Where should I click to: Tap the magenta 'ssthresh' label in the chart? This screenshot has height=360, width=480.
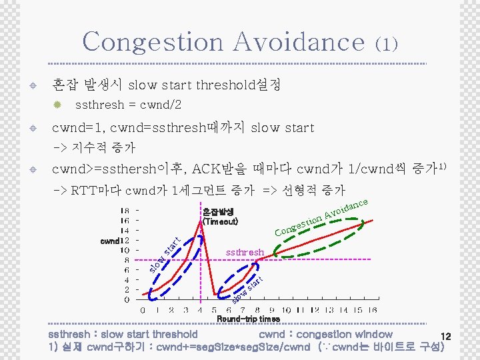[x=245, y=253]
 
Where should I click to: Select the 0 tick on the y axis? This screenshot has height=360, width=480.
[x=127, y=300]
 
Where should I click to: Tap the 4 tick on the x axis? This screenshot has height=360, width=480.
[x=200, y=310]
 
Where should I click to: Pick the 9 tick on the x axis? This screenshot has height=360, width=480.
[x=272, y=310]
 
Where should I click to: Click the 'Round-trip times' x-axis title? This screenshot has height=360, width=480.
[x=248, y=319]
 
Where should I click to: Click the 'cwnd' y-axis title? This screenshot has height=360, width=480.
[x=109, y=240]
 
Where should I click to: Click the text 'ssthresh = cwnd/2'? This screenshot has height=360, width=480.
[x=129, y=105]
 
